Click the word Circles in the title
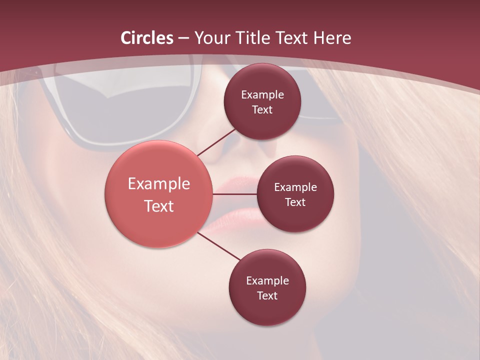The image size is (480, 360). click(147, 38)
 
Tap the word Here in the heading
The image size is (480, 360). click(332, 38)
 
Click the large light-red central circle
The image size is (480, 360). click(159, 194)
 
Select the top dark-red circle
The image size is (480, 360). click(262, 101)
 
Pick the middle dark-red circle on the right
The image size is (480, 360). click(295, 194)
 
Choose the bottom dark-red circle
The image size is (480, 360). click(267, 287)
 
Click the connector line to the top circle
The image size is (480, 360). click(216, 142)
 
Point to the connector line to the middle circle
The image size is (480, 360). click(235, 194)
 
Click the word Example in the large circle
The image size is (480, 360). click(159, 184)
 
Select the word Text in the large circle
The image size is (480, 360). click(159, 206)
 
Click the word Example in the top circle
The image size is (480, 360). click(262, 94)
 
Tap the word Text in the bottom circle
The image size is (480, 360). click(267, 295)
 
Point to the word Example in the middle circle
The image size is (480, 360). click(295, 187)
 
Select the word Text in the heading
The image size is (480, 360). click(293, 38)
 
